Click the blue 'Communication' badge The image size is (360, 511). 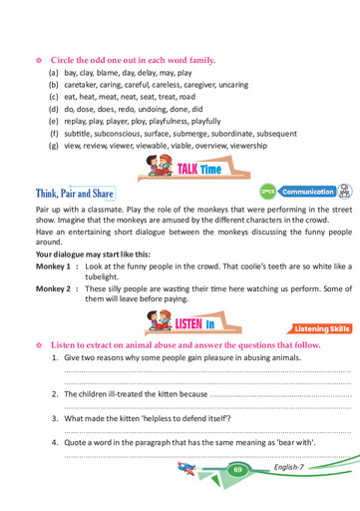coord(306,192)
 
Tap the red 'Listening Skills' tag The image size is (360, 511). coord(320,327)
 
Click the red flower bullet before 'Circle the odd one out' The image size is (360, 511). coord(39,60)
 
